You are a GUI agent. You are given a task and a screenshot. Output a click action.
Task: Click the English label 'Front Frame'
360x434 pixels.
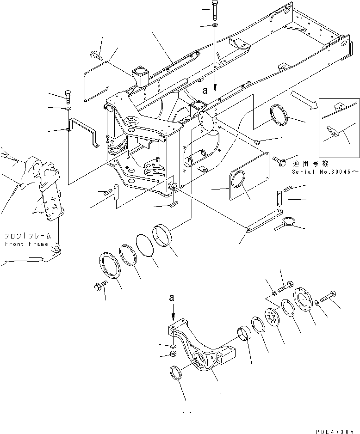pos(26,244)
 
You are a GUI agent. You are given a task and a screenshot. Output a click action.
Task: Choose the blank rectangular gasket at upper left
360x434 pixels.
pos(96,80)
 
